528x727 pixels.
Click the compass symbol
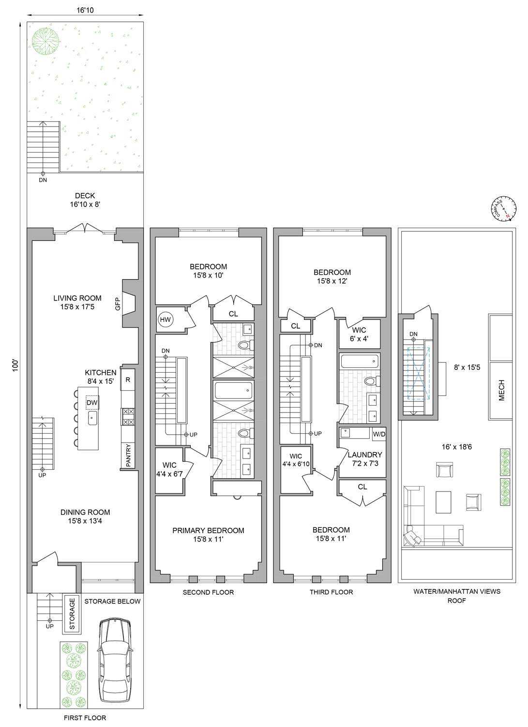[504, 209]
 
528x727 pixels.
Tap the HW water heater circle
[166, 319]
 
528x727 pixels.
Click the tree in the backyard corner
[45, 41]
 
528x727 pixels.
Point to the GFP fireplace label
[118, 304]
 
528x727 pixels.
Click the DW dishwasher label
[92, 403]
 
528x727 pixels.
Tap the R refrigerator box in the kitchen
[128, 379]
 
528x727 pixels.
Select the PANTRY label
[128, 456]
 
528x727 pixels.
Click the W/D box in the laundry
[379, 434]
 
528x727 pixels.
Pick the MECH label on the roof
[501, 390]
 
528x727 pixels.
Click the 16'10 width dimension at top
[85, 10]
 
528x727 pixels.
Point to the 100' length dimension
[15, 365]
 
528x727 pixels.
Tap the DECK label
[85, 196]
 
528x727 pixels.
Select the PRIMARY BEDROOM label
[209, 530]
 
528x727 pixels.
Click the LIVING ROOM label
[77, 298]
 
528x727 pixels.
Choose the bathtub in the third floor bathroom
[360, 361]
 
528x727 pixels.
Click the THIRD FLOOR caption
[331, 592]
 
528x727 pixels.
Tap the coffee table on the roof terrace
[443, 502]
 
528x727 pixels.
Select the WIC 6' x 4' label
[359, 334]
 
